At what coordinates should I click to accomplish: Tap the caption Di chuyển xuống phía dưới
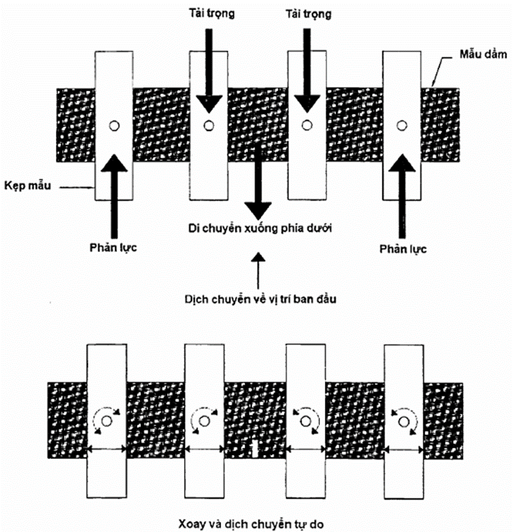[x=259, y=229]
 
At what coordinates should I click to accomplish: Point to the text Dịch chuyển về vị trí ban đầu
[x=259, y=300]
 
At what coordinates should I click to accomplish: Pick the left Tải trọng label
[x=209, y=13]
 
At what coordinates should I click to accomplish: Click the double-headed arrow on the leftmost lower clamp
[x=106, y=450]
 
